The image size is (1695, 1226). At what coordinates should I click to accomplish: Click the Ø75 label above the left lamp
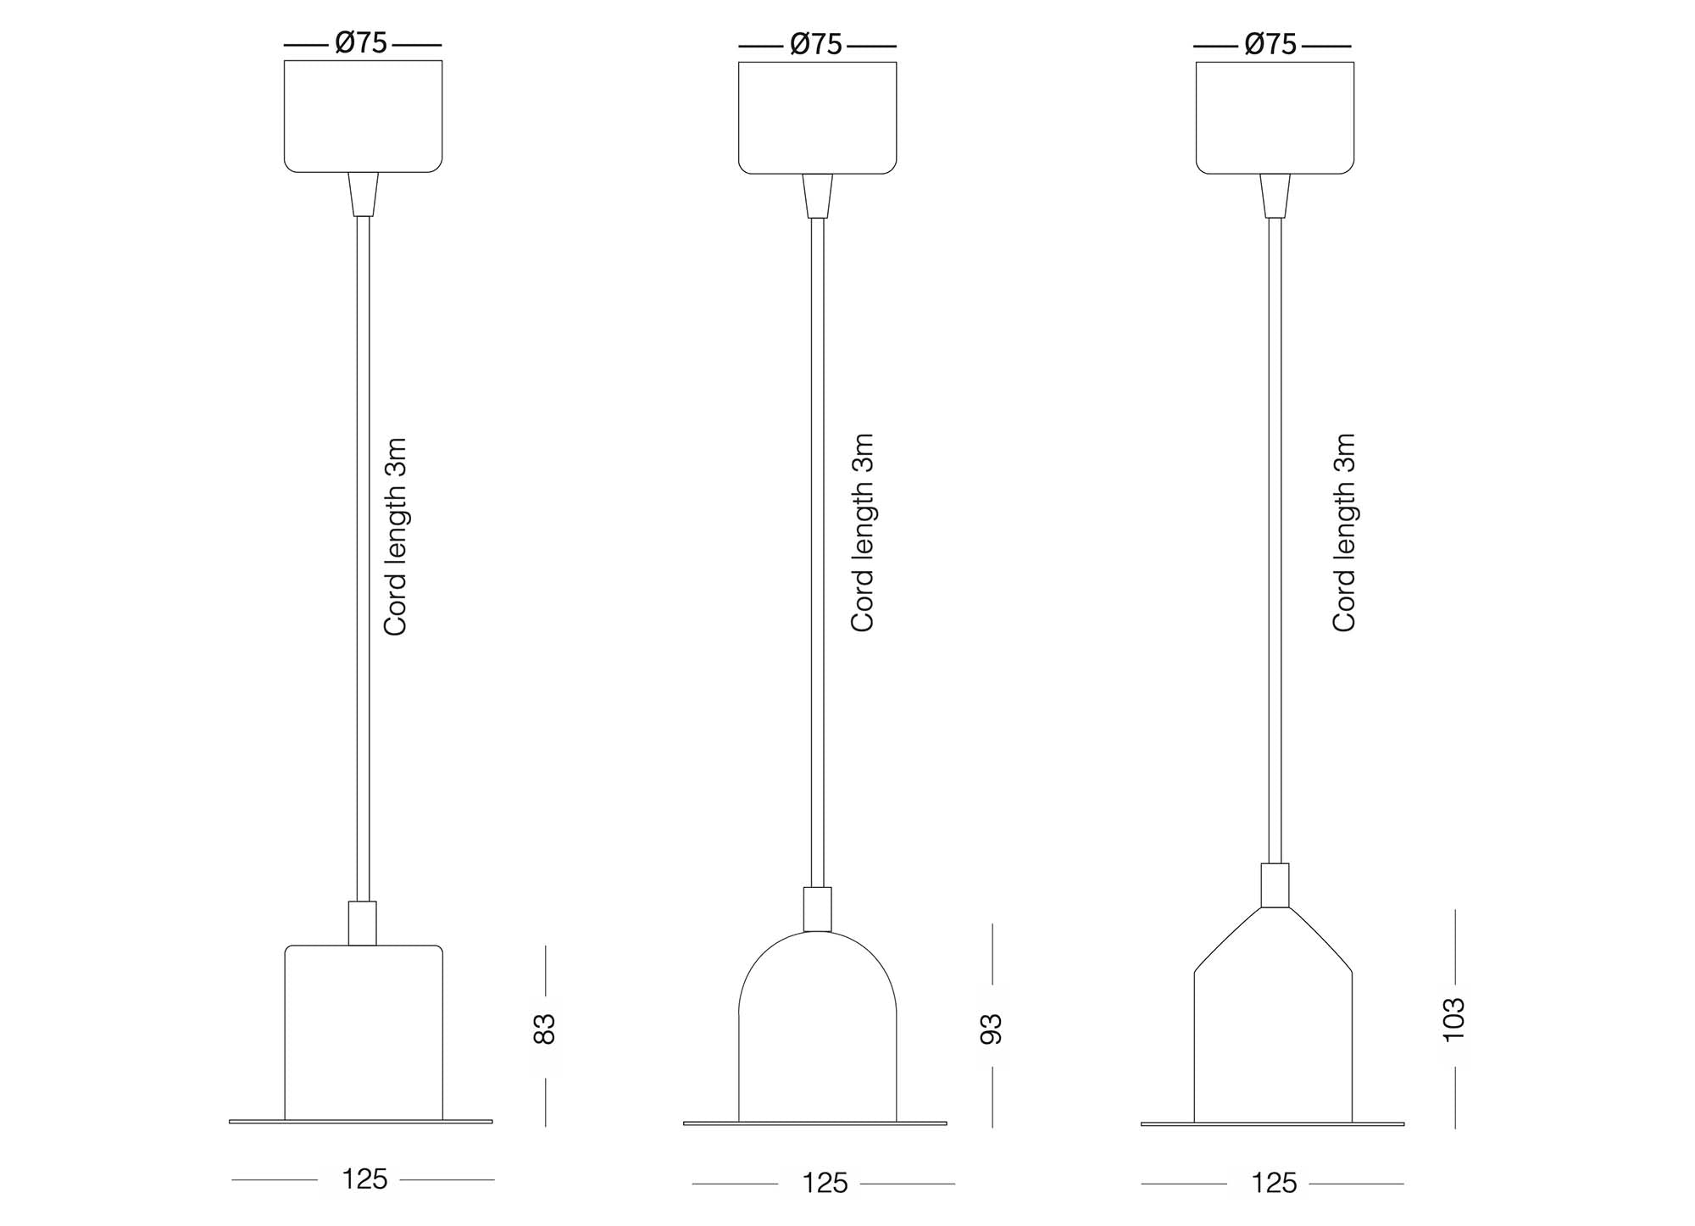tap(362, 42)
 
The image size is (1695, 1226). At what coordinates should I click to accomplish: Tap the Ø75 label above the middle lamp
tap(816, 44)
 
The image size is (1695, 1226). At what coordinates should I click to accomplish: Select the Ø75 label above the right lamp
tap(1270, 44)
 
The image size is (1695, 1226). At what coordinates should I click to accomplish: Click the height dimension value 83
tap(545, 1029)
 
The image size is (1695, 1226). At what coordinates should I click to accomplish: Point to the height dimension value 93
tap(992, 1029)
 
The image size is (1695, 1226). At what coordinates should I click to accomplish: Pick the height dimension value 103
tap(1453, 1019)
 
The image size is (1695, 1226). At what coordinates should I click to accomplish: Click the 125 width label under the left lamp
tap(364, 1179)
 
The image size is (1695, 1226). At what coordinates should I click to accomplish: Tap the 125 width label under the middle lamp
tap(825, 1183)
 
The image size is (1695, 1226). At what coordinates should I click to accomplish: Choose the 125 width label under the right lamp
tap(1274, 1183)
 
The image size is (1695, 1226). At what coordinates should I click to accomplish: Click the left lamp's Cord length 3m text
tap(396, 536)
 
